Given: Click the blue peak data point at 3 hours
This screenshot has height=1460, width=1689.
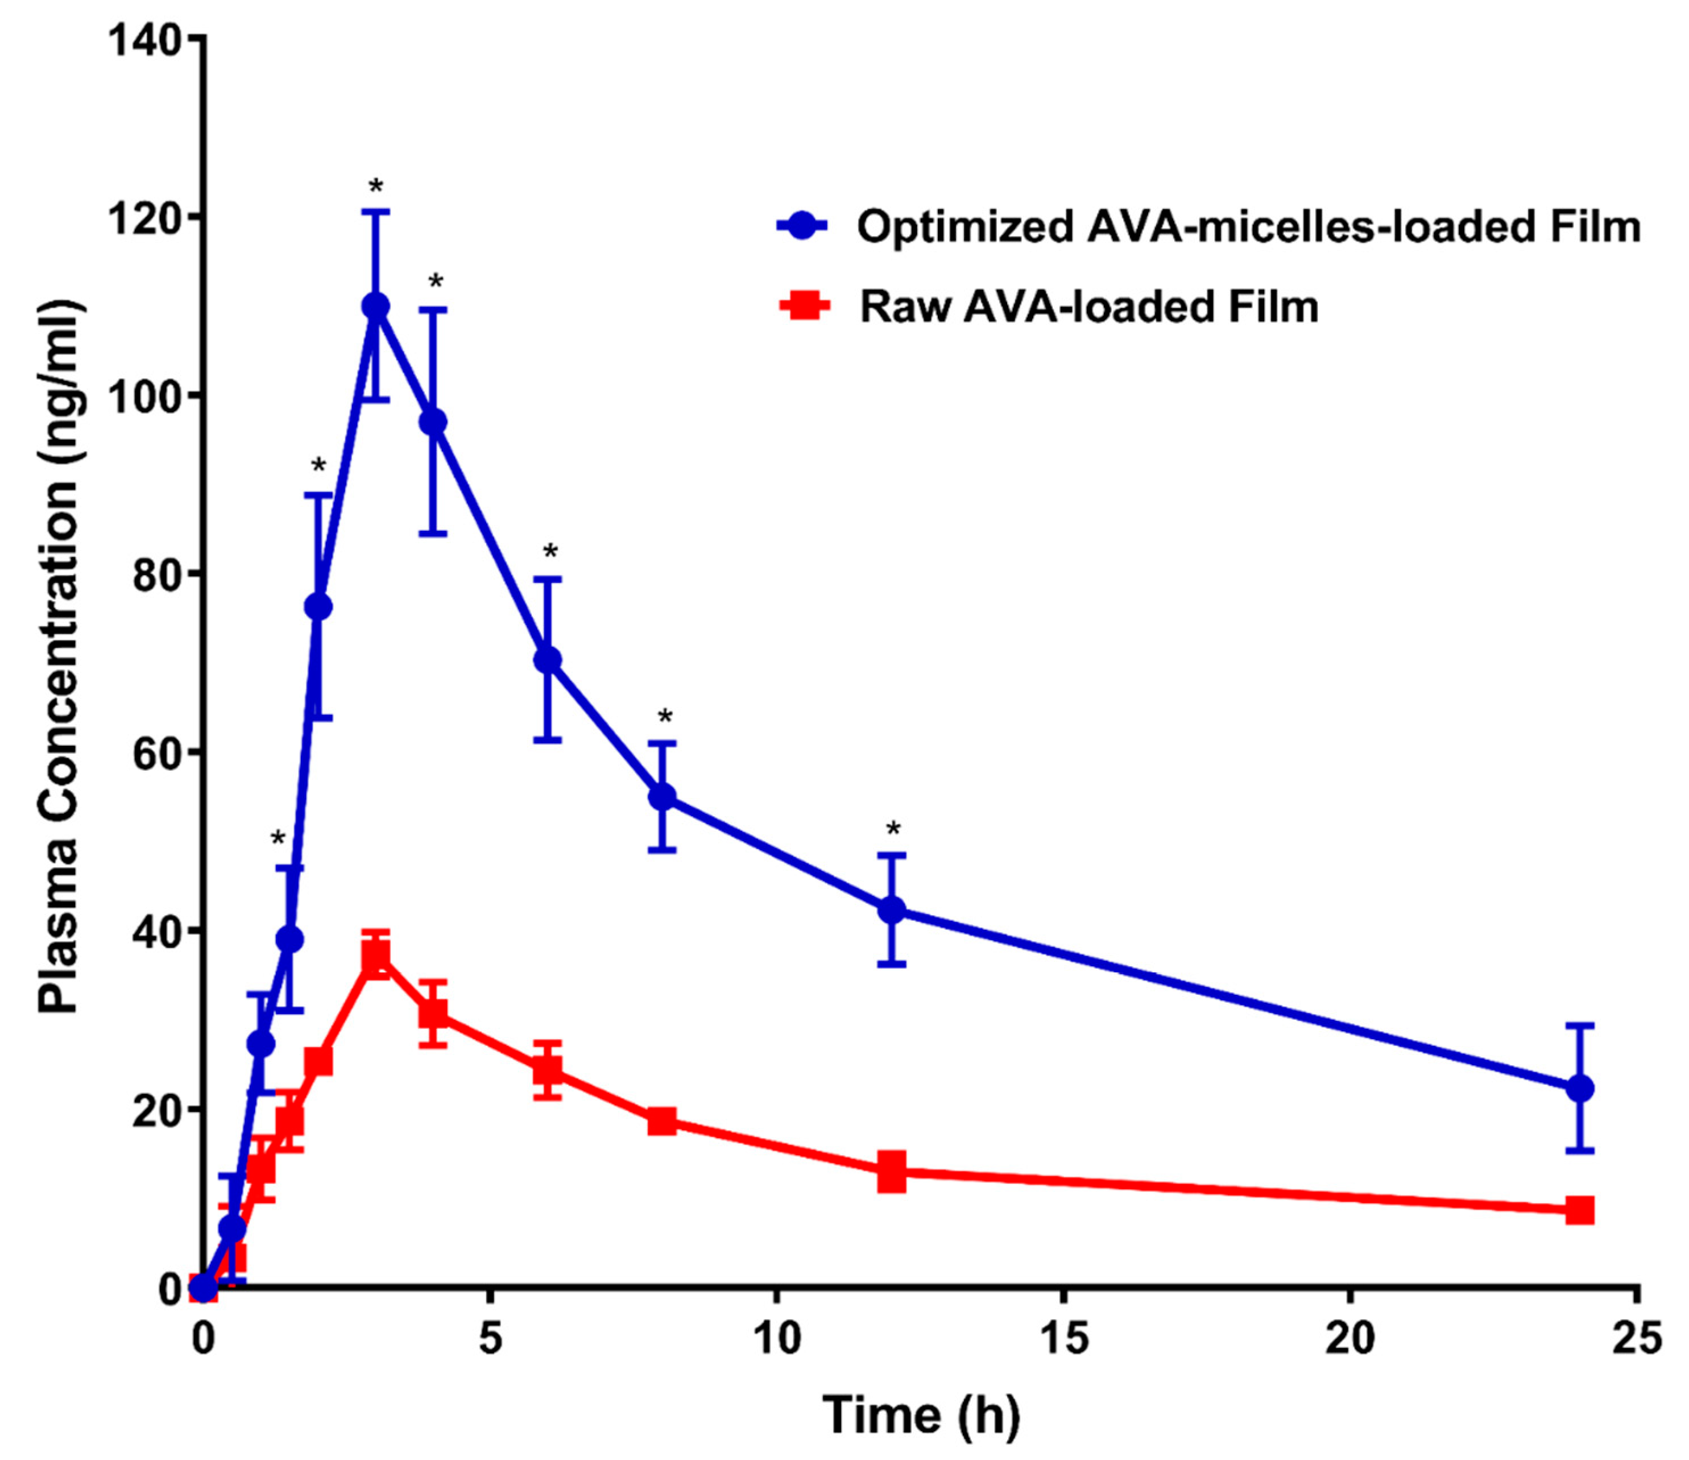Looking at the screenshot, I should coord(375,307).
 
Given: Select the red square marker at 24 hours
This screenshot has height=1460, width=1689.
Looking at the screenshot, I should coord(1580,1210).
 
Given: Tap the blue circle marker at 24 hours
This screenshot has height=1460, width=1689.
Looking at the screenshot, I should coord(1580,1087).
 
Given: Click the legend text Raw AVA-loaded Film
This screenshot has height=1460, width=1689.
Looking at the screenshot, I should coord(1089,307).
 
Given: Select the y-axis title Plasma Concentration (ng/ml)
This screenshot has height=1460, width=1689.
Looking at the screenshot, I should coord(59,660).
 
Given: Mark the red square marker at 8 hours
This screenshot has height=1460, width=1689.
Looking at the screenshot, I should coord(663,1121).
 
